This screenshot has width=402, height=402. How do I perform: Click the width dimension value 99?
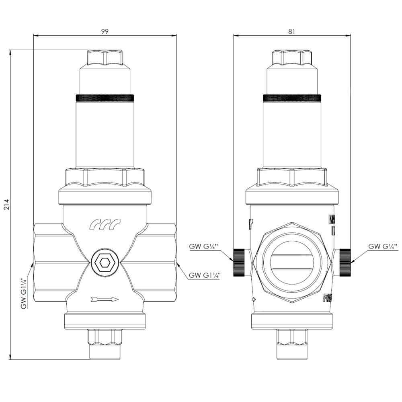[x=105, y=31]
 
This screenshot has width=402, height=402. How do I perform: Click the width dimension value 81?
[x=291, y=31]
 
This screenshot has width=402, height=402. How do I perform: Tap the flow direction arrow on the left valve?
[x=105, y=299]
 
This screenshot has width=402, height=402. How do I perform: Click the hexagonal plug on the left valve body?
[x=105, y=263]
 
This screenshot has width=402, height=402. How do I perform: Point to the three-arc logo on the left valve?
[x=105, y=224]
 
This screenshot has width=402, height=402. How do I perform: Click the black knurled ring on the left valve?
[x=105, y=98]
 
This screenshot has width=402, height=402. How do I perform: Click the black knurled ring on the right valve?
[x=292, y=98]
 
